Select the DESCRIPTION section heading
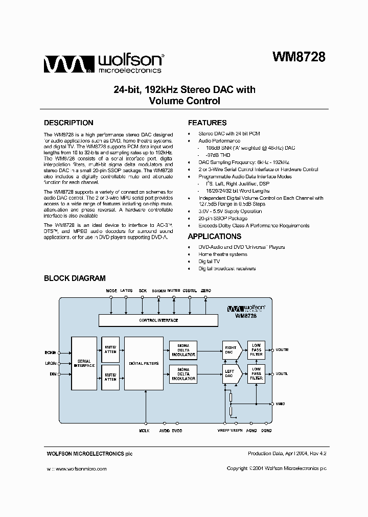tap(68, 123)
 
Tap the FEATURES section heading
tap(207, 123)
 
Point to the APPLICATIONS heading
tap(214, 237)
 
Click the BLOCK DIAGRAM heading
tap(75, 278)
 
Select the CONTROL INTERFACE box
tap(158, 320)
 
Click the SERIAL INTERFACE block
tap(84, 363)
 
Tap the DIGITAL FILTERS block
tap(144, 363)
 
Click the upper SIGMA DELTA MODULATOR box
tap(183, 350)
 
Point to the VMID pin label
tap(281, 404)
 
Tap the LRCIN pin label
tap(50, 363)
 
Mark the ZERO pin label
tap(205, 290)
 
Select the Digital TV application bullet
tap(210, 261)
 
